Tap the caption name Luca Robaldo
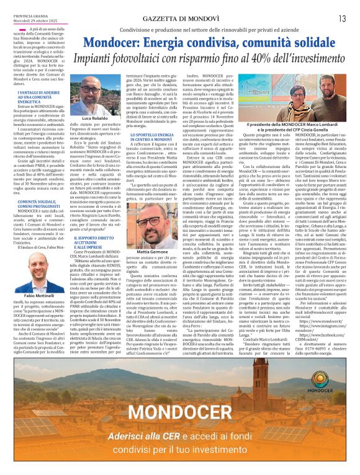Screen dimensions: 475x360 coord(95,118)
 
